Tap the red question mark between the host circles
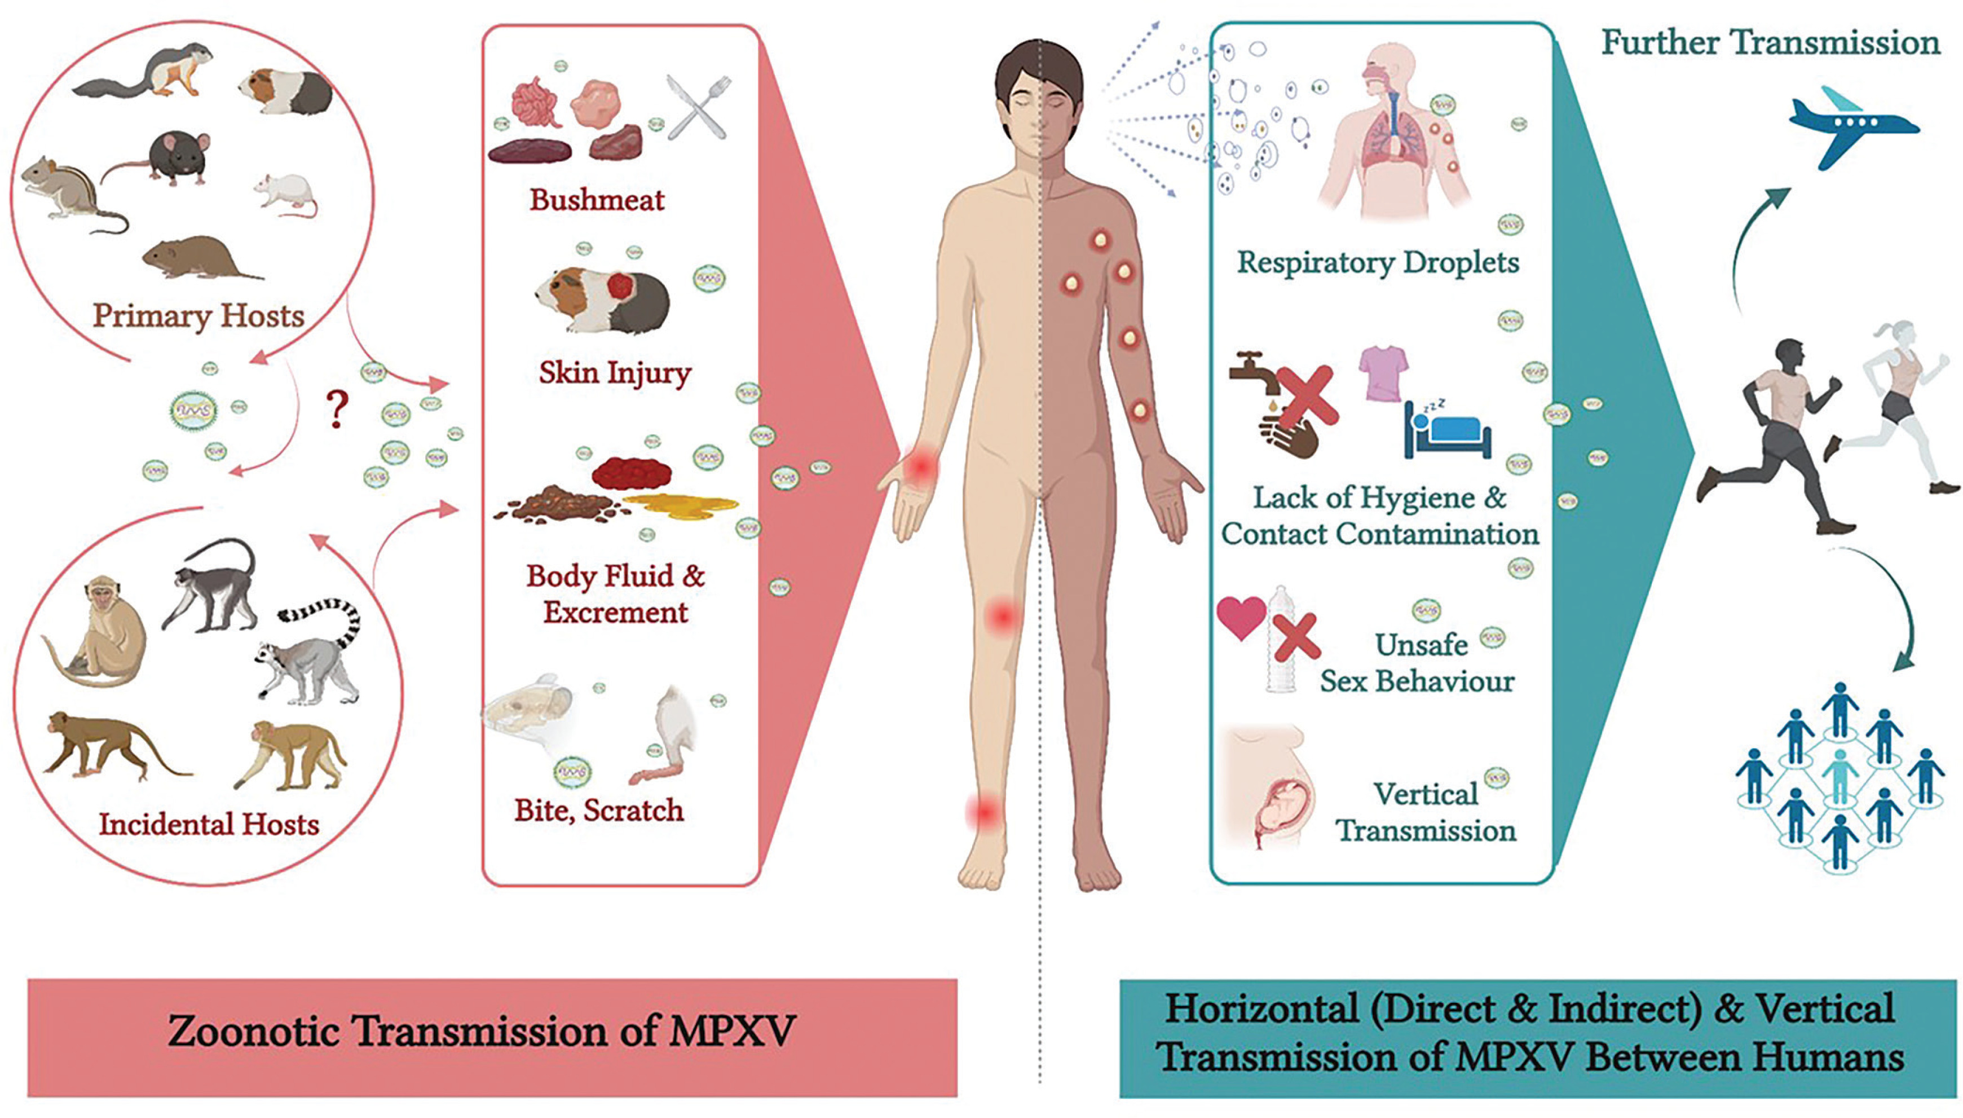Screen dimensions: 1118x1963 coord(337,410)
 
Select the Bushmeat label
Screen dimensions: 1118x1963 coord(597,200)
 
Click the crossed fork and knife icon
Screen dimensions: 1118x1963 coord(698,108)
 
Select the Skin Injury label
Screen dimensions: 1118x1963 coord(615,373)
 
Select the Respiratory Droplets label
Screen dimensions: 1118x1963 coord(1378,263)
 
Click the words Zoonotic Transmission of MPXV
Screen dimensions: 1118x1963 coord(482,1031)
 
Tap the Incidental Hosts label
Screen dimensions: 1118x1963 coord(209,825)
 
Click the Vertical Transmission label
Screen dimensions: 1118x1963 coord(1426,812)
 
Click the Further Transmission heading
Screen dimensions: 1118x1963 coord(1770,43)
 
